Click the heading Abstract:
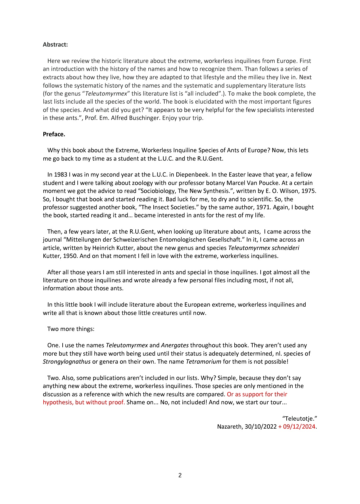click(x=55, y=44)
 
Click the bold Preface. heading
click(x=54, y=134)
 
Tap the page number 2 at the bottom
click(x=180, y=475)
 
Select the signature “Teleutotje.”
click(x=299, y=418)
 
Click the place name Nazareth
click(x=229, y=427)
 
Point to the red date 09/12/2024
click(x=299, y=427)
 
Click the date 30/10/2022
click(x=261, y=427)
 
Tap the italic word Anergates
click(x=175, y=345)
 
